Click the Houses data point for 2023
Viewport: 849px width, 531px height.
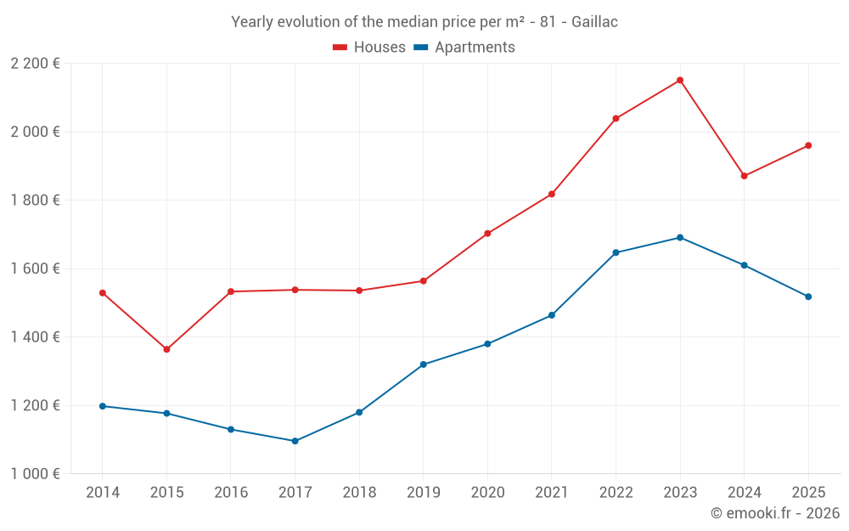(680, 80)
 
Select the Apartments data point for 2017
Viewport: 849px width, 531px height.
(295, 441)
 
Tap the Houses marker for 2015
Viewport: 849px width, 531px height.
(166, 349)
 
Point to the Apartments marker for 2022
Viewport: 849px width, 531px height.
(616, 252)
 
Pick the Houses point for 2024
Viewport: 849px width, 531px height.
(744, 176)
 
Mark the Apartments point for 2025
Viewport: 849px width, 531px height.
(808, 297)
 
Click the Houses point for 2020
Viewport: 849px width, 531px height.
(487, 233)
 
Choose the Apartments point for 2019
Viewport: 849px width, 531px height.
(423, 364)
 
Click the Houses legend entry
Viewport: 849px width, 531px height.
(369, 48)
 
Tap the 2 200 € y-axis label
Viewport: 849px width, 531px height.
(35, 64)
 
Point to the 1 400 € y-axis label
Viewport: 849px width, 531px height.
(35, 337)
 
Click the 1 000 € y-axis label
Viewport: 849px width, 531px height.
(35, 474)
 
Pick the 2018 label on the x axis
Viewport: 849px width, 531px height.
(359, 493)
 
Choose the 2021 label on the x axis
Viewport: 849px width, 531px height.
(552, 493)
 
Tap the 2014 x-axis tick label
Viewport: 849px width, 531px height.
(103, 493)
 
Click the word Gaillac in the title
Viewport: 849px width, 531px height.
(594, 22)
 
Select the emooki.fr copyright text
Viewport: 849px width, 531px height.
(775, 513)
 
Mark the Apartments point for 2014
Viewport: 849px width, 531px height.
(103, 406)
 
